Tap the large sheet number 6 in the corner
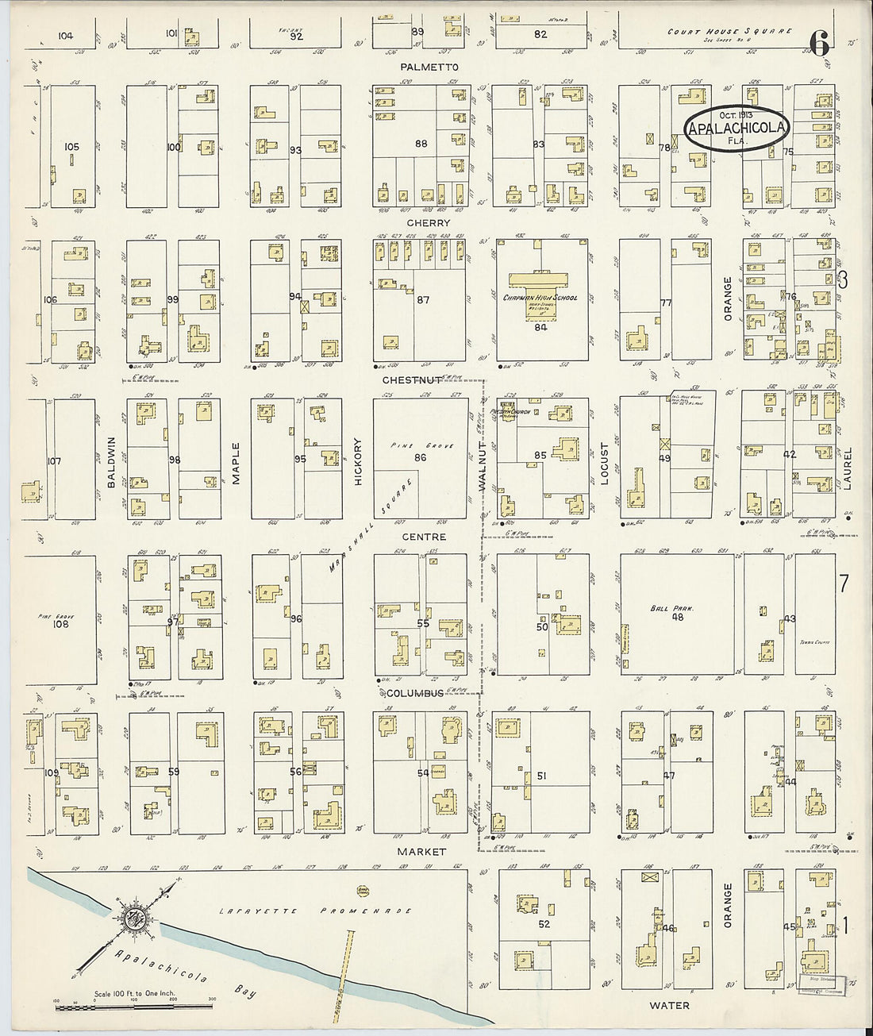click(820, 44)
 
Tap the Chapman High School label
click(540, 298)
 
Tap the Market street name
click(423, 852)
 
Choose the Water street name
click(669, 1005)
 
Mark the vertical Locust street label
click(604, 462)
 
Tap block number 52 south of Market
click(544, 924)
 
